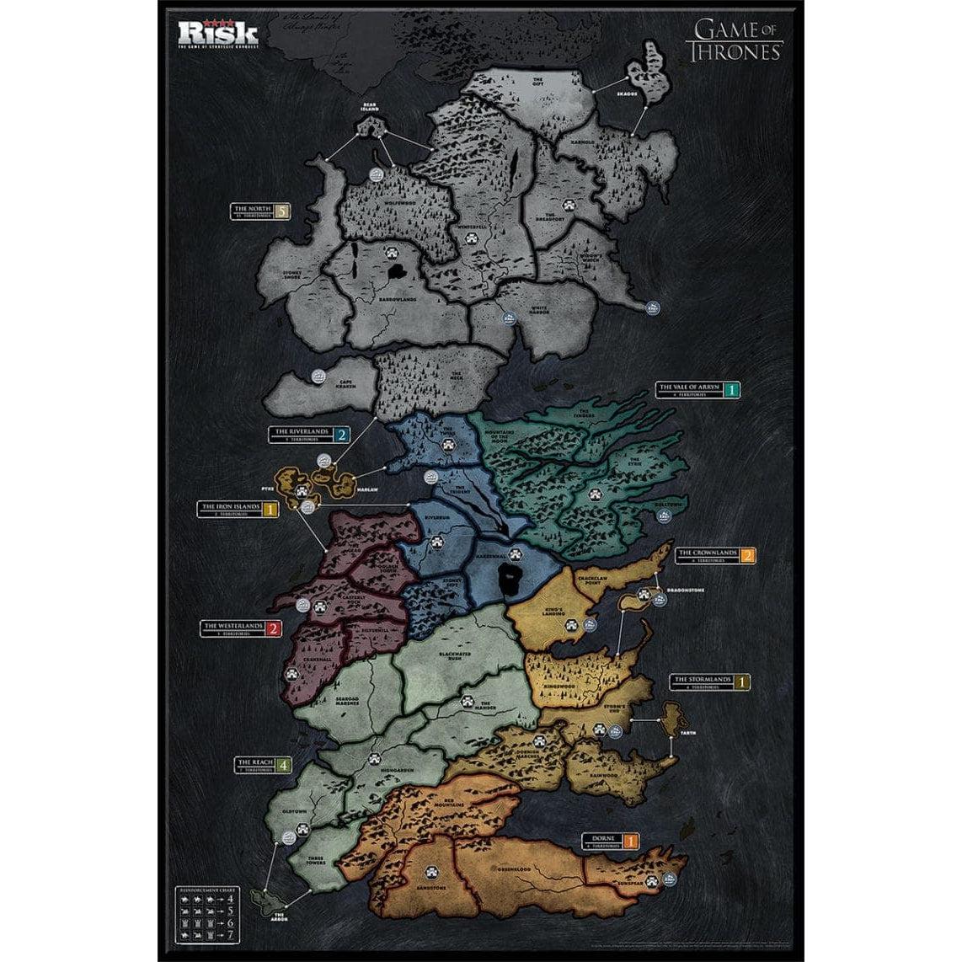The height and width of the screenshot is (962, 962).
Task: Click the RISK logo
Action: [217, 33]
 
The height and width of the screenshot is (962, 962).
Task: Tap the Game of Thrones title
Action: [736, 40]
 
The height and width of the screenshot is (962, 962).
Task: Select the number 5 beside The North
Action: [281, 211]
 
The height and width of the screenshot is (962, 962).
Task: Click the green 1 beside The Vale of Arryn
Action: [733, 389]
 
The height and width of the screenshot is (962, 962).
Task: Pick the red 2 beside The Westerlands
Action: [272, 628]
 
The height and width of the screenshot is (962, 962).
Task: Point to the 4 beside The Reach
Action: [284, 765]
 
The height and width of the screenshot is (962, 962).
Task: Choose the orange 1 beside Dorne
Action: [631, 840]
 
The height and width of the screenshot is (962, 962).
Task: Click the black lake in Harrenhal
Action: [510, 580]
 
